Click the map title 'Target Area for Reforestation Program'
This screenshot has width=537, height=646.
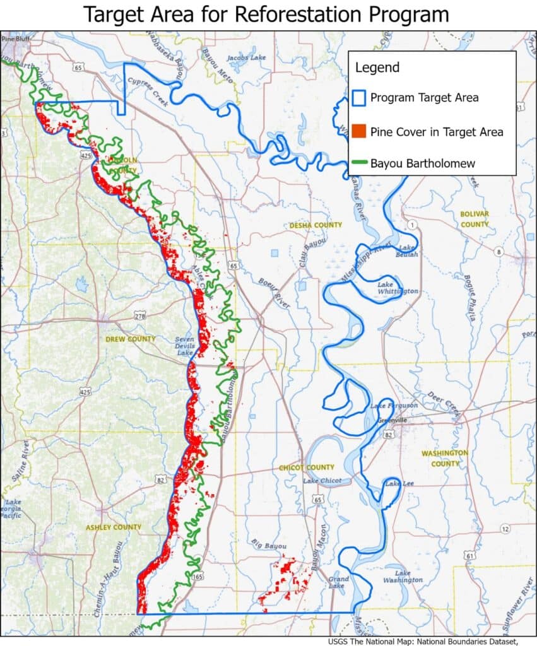click(x=268, y=15)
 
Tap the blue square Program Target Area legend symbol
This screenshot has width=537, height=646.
click(x=359, y=98)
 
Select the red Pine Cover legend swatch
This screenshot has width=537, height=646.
click(x=359, y=131)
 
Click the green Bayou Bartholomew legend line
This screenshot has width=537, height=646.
click(x=358, y=164)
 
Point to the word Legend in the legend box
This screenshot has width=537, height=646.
click(x=377, y=68)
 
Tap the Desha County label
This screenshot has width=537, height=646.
click(x=316, y=225)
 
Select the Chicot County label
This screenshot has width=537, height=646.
click(x=307, y=467)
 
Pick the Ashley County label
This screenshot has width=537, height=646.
click(x=114, y=527)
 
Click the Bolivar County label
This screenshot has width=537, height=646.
click(x=475, y=219)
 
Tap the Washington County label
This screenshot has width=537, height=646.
click(x=445, y=458)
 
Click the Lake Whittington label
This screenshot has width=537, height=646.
click(x=398, y=288)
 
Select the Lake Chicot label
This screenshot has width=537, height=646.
click(x=322, y=481)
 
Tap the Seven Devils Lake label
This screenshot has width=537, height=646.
click(x=186, y=346)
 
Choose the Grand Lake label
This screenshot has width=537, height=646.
click(x=338, y=582)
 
